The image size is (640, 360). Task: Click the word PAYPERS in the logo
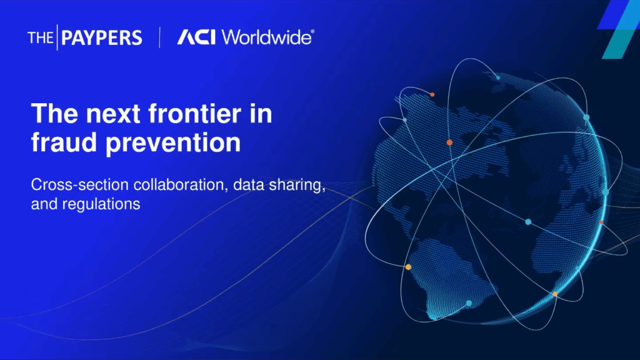coord(102,38)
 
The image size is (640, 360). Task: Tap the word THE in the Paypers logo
coord(41,38)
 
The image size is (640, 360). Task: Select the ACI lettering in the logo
coord(196,37)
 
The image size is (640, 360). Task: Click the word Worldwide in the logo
coord(266,37)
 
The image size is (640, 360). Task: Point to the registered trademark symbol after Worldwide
coord(312,31)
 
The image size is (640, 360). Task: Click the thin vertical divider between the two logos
coord(159,37)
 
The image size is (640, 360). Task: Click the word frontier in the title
coord(194,113)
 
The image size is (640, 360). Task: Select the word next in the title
coord(113,114)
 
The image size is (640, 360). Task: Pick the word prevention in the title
coord(173,144)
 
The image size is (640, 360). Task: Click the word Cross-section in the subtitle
coord(79,184)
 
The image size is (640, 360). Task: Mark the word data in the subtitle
coord(249,185)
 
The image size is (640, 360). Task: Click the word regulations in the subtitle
coord(101,204)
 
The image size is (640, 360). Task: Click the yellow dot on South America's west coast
coord(408,267)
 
